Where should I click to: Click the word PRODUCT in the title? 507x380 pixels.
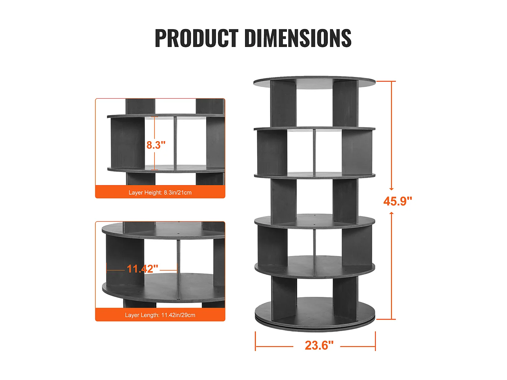(x=197, y=38)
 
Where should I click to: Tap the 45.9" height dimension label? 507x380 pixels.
(x=397, y=201)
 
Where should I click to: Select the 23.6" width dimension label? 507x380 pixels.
(x=319, y=346)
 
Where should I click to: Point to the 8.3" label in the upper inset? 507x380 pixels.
(x=156, y=145)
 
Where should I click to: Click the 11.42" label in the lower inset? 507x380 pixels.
(x=143, y=269)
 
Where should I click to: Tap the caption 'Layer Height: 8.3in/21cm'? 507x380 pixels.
(x=160, y=193)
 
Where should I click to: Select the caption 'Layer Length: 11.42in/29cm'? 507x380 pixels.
(x=160, y=315)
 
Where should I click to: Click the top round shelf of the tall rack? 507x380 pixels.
(x=314, y=82)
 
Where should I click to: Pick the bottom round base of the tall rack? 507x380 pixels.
(x=315, y=323)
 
